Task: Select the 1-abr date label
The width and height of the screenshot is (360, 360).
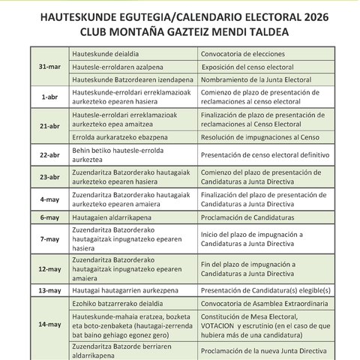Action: pyautogui.click(x=49, y=97)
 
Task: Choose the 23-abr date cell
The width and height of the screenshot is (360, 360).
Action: pyautogui.click(x=49, y=178)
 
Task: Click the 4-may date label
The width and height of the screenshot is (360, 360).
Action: pyautogui.click(x=49, y=199)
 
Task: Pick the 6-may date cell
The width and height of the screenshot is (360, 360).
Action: pyautogui.click(x=49, y=217)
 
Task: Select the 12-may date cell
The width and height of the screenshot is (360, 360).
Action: pyautogui.click(x=49, y=269)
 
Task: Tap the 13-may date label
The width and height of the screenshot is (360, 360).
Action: pyautogui.click(x=49, y=290)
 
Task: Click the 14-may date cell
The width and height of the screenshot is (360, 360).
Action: pyautogui.click(x=49, y=324)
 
